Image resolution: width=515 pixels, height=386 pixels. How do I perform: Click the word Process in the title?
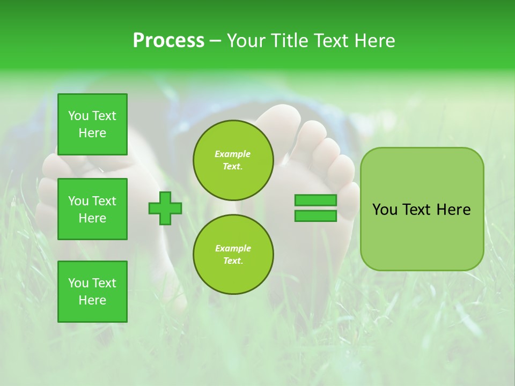168,40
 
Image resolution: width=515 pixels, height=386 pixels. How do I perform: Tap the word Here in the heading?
374,40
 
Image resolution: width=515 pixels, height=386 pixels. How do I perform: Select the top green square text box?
92,124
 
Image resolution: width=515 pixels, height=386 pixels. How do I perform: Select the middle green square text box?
92,209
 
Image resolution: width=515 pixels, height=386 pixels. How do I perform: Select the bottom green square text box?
92,292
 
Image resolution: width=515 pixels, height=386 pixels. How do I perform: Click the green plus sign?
165,209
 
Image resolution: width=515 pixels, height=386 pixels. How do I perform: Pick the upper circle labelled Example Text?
233,160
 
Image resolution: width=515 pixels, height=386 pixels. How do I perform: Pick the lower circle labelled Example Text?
233,254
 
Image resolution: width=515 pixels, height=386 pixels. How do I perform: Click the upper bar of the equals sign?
315,201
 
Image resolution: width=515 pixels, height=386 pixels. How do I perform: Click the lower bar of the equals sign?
315,216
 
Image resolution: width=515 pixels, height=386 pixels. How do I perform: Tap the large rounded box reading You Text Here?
422,209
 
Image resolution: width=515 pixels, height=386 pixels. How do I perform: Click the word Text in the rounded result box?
417,210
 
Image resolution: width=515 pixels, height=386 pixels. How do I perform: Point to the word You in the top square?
78,116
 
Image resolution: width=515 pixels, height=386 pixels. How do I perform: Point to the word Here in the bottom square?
92,300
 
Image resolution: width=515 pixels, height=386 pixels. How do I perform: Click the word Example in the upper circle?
233,154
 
